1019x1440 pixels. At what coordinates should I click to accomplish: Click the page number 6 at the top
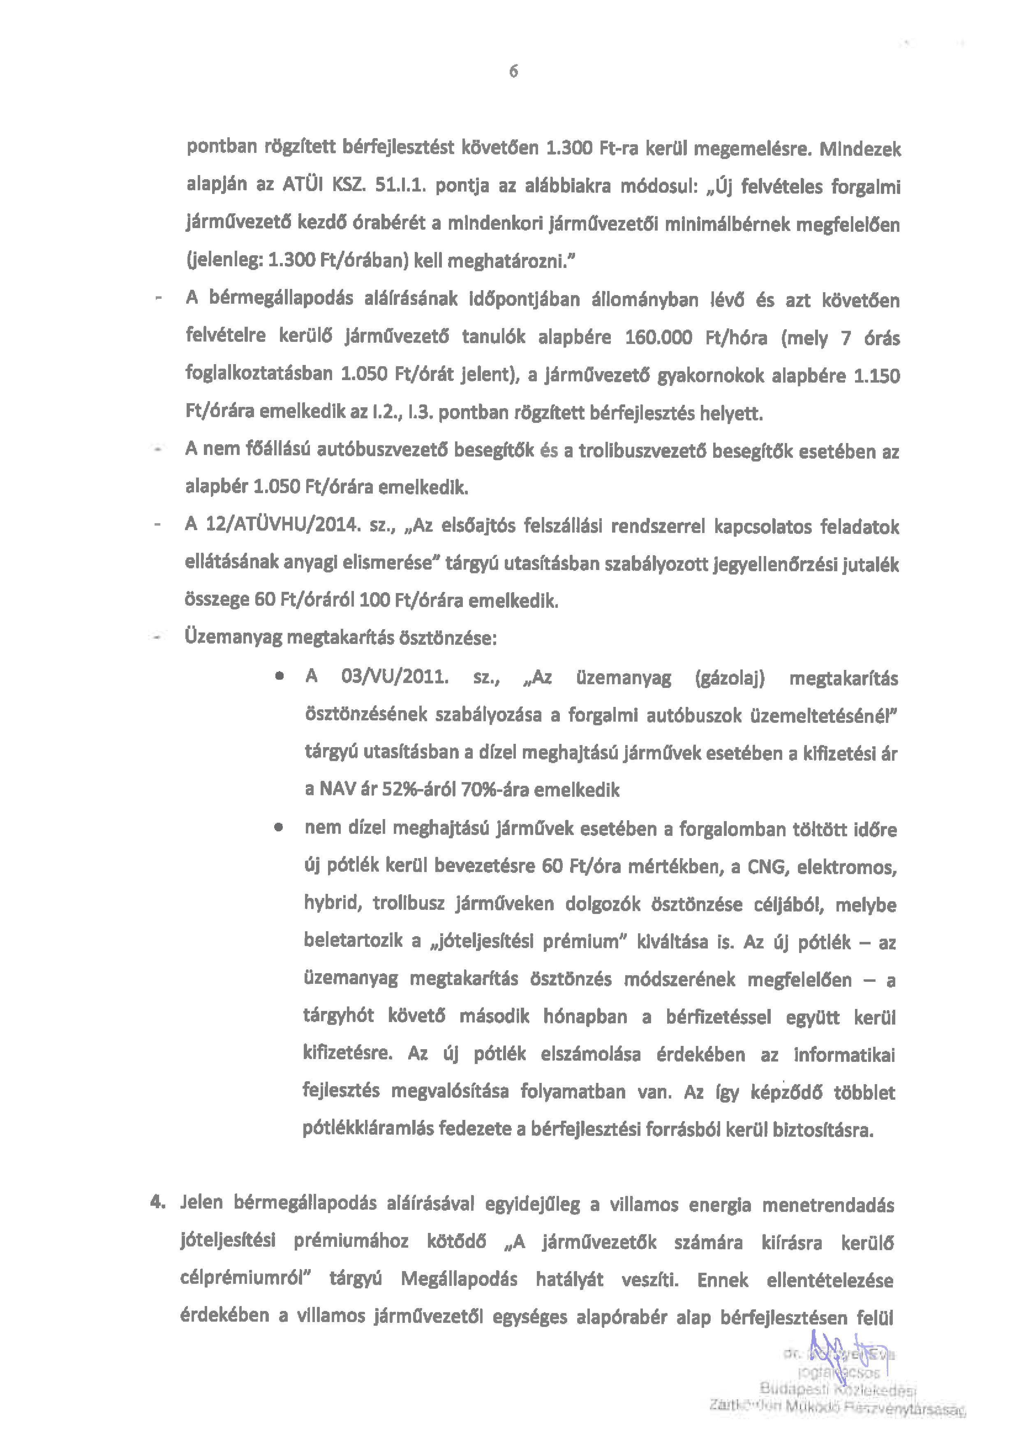point(513,72)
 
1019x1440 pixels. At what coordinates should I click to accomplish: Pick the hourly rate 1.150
point(877,376)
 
